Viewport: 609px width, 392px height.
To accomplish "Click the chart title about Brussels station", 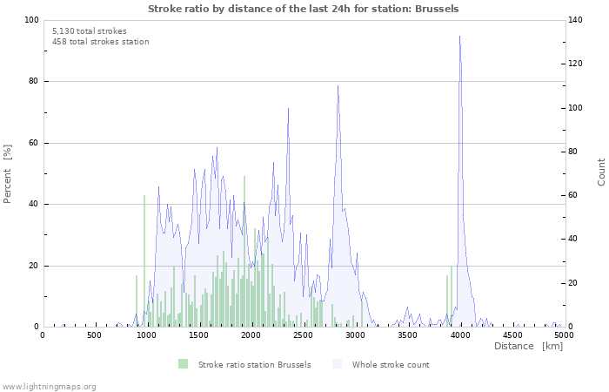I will coord(304,9).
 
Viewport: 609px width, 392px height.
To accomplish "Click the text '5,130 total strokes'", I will coord(89,30).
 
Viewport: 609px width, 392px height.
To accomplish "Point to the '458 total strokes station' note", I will coord(100,42).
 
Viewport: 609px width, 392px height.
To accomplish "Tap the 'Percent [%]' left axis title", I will coord(8,173).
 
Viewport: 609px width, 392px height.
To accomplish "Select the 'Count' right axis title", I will coord(601,172).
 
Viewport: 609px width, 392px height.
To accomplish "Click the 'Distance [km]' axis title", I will coord(528,347).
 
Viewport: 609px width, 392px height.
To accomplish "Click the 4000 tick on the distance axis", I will coord(460,335).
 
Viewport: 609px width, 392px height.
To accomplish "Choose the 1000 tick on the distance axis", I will coord(147,335).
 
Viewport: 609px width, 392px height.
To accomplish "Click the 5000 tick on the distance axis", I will coord(564,335).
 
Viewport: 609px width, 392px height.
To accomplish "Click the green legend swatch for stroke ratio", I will coord(183,364).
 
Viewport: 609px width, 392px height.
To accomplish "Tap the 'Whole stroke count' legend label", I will coord(391,364).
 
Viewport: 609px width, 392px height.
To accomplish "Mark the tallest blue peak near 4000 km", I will coord(459,37).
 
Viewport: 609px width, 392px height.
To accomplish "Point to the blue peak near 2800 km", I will coord(338,85).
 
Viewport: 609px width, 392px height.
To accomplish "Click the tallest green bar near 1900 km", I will coord(244,178).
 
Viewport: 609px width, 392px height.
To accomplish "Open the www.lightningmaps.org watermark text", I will coord(49,386).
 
